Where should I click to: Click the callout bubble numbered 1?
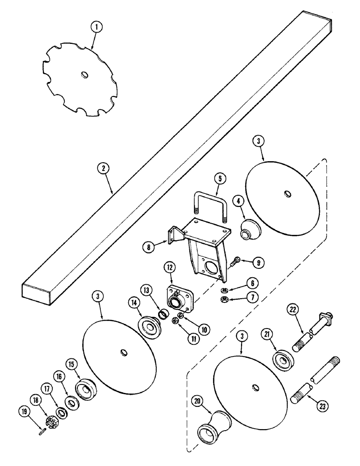(x=96, y=27)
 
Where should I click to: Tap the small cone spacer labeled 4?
(x=247, y=229)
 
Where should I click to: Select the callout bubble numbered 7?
(x=252, y=299)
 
